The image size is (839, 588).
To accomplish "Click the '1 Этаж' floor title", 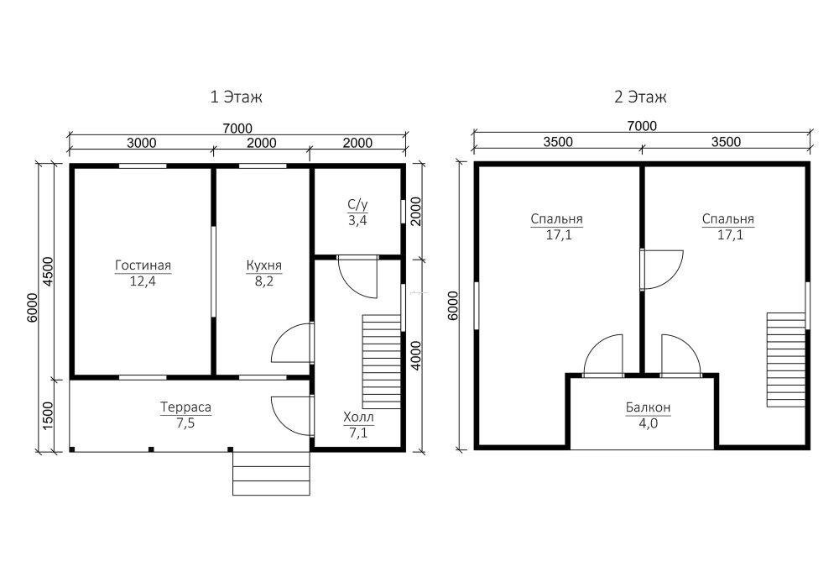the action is (236, 97).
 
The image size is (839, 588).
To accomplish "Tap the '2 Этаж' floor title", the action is (640, 97).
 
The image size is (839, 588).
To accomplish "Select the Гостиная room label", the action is (143, 265).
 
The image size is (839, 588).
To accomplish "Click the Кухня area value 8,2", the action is (263, 281).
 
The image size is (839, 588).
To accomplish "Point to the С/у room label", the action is (357, 204).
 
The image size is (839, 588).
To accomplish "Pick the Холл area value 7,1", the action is (358, 433).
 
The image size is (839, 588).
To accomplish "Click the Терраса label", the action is (185, 407).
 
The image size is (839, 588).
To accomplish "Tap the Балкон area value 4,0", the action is (648, 423).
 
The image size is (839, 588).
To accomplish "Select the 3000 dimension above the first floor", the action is (141, 143).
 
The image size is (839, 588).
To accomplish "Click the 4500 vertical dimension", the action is (48, 271).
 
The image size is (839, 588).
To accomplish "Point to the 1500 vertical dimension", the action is (48, 416).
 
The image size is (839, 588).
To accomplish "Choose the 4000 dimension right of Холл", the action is (416, 355).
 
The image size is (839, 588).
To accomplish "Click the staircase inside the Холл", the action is (382, 361).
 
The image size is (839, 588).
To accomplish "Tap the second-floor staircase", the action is (786, 360).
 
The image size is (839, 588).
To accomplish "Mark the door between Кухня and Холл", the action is (293, 343).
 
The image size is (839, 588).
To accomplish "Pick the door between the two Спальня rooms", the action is (662, 270).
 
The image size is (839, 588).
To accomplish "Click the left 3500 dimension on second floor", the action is (558, 142).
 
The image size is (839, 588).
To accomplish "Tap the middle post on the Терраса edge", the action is (151, 449).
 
